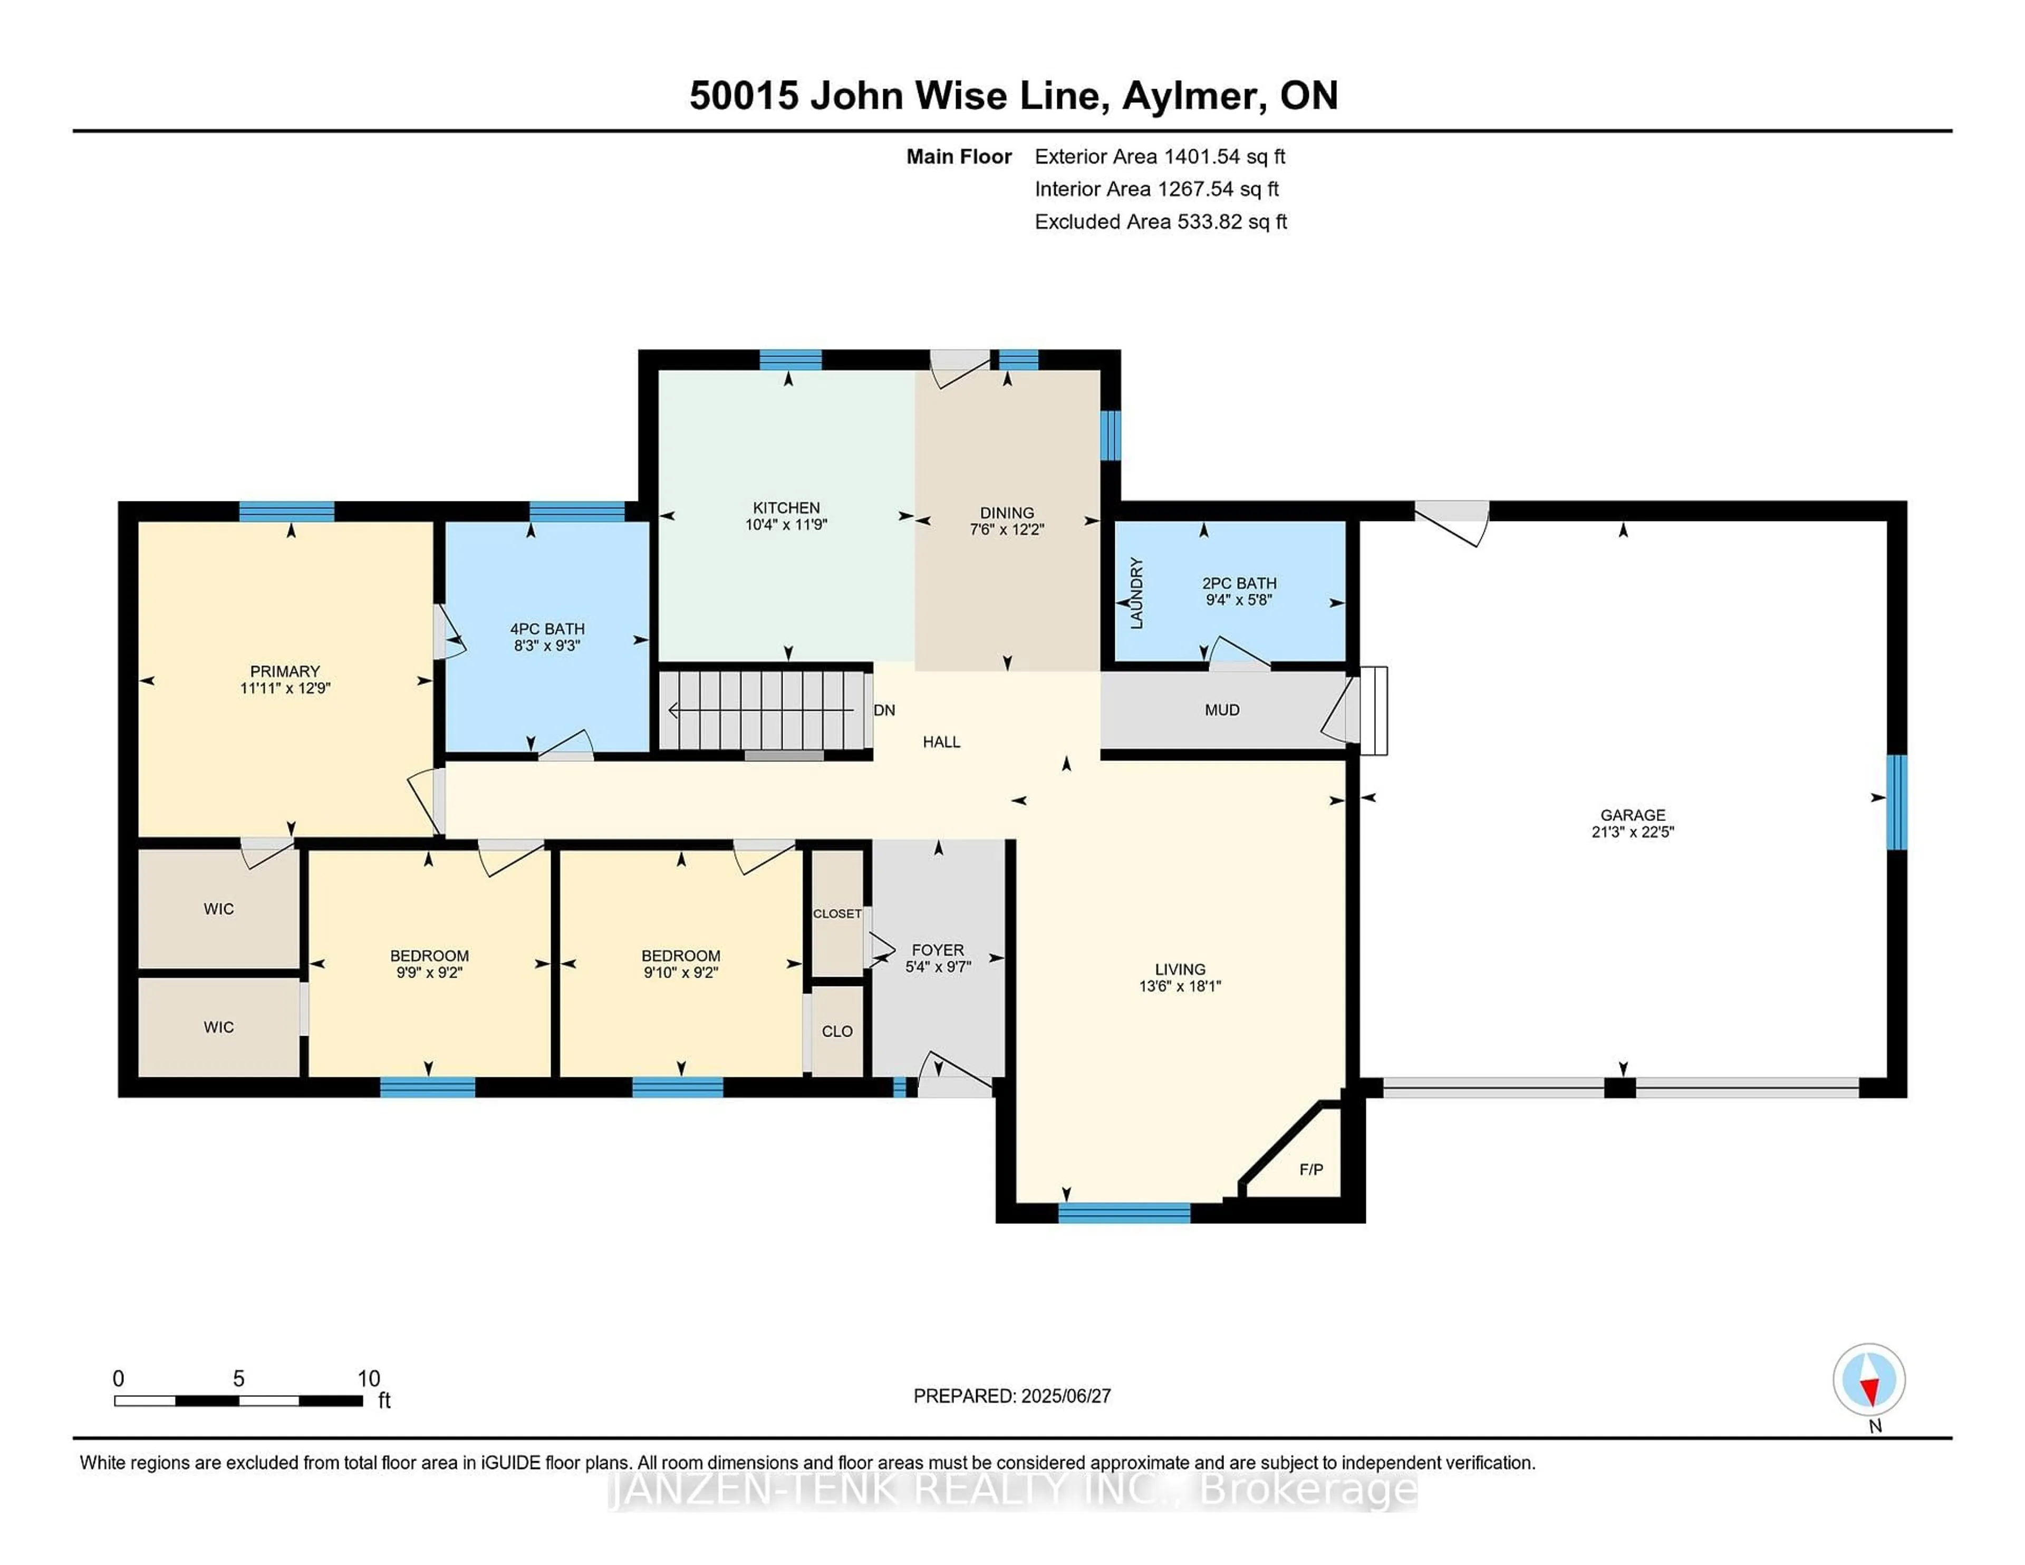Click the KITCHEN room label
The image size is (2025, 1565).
tap(786, 508)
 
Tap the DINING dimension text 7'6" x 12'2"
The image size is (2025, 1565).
tap(1007, 529)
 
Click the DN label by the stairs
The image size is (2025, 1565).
tap(884, 710)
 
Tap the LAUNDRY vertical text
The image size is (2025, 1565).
tap(1137, 593)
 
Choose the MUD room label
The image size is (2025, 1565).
tap(1222, 710)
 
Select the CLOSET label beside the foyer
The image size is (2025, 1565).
tap(837, 913)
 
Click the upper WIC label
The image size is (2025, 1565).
tap(219, 909)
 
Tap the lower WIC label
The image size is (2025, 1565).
tap(219, 1027)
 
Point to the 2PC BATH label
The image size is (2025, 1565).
tap(1240, 583)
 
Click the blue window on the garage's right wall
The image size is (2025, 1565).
tap(1897, 802)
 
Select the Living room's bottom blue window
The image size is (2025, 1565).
tap(1124, 1213)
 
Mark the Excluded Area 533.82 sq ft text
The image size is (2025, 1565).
tap(1161, 221)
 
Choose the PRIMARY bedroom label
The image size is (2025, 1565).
tap(285, 671)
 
